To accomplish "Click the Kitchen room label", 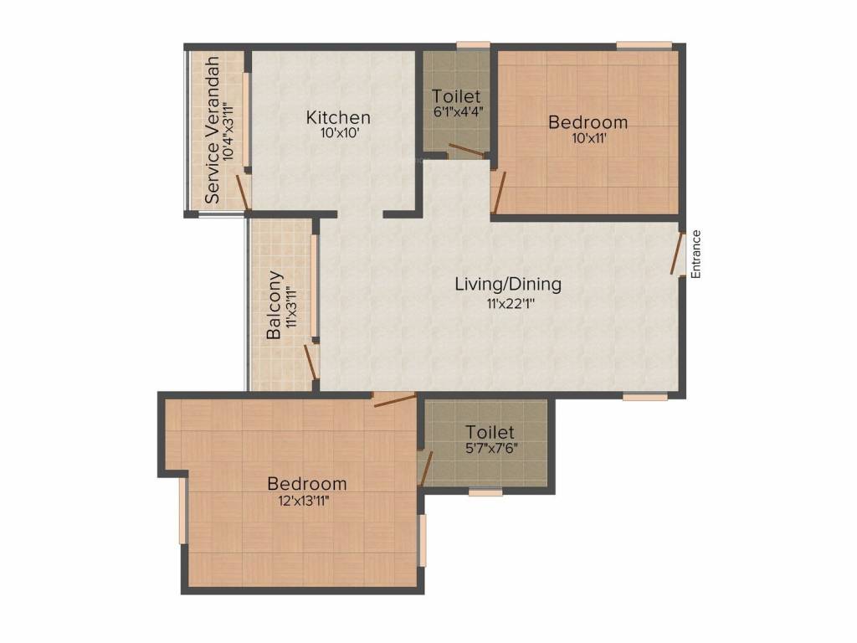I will tap(337, 117).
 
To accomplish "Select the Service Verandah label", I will tap(213, 130).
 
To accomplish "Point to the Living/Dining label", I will tap(508, 284).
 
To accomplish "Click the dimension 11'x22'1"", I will tap(508, 303).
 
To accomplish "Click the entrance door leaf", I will tap(677, 253).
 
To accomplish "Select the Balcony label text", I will tap(274, 306).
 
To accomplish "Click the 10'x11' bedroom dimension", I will tap(588, 139).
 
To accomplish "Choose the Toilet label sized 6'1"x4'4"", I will tap(456, 96).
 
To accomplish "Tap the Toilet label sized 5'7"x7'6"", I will tap(490, 432).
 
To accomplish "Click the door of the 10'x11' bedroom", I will tap(498, 192).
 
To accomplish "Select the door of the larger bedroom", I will tap(393, 400).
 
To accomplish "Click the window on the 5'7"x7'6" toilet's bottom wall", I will tap(485, 492).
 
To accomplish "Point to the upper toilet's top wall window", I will tap(473, 44).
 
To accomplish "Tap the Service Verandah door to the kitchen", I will tap(243, 192).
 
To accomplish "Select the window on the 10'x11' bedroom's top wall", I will tap(644, 44).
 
